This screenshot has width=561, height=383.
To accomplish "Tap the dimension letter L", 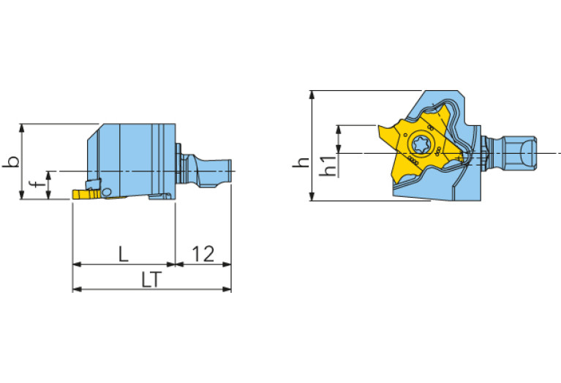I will coord(124,254).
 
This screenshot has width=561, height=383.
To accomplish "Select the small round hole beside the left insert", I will coord(107,192).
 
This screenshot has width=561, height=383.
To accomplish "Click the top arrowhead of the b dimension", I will coord(23,127).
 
